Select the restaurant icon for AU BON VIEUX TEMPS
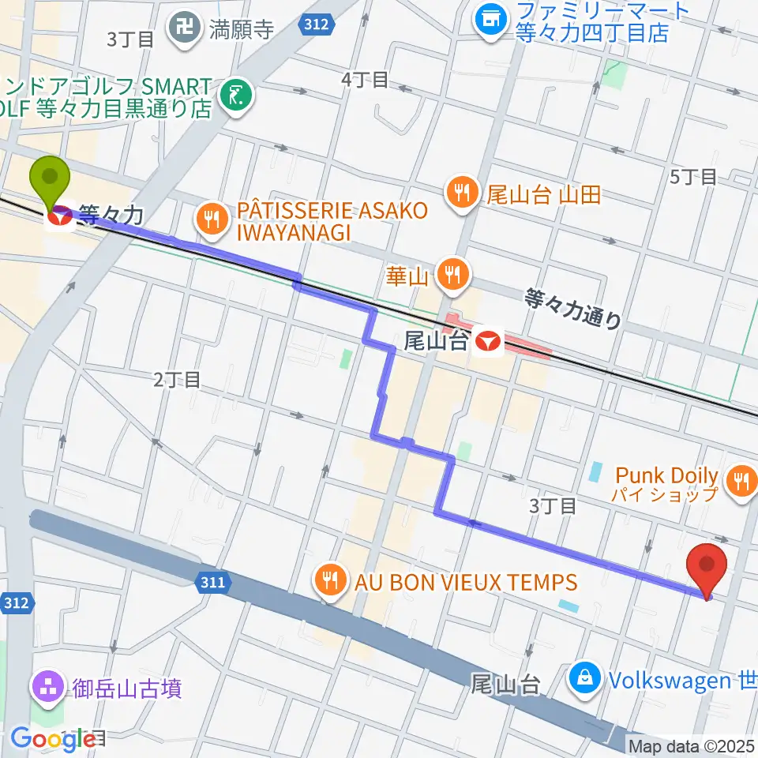click(329, 583)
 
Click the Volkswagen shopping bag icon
click(586, 678)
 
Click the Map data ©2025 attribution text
click(692, 745)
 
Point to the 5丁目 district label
click(692, 177)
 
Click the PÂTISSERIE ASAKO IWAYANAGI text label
click(332, 222)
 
